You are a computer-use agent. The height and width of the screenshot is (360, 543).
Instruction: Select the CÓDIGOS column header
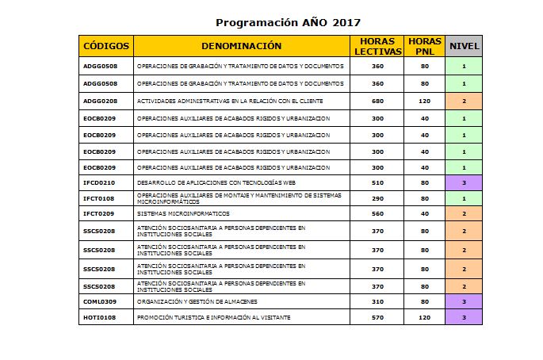[x=106, y=46]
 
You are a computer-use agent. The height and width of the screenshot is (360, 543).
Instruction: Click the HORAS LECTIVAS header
[x=377, y=46]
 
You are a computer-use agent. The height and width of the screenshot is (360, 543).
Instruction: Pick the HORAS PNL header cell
[x=425, y=46]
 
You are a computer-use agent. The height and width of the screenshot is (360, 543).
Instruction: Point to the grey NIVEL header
[x=465, y=46]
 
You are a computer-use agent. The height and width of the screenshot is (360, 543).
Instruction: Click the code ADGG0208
[x=101, y=101]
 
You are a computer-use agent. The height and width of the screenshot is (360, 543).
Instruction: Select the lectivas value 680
[x=377, y=101]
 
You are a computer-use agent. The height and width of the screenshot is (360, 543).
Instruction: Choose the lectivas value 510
[x=377, y=183]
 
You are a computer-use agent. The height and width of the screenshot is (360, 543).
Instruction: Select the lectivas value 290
[x=377, y=198]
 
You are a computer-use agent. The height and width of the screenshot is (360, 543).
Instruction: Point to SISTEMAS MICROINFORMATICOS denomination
[x=183, y=214]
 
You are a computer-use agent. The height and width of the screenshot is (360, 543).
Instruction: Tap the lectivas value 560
[x=377, y=214]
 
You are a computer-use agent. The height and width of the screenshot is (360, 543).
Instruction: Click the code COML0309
[x=101, y=302]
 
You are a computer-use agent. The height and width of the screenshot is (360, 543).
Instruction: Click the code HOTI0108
[x=100, y=317]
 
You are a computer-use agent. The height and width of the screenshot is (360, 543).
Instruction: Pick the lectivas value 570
[x=377, y=317]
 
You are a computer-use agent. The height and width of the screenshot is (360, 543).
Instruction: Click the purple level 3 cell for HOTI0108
[x=465, y=317]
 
